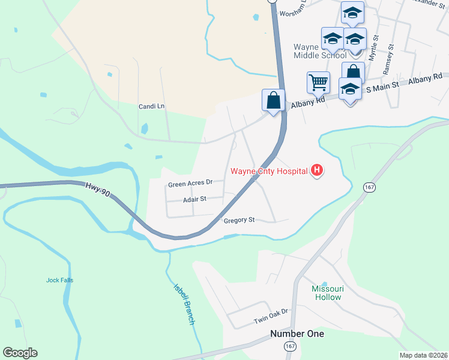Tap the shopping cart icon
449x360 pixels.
pyautogui.click(x=318, y=82)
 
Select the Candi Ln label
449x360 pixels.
pyautogui.click(x=151, y=106)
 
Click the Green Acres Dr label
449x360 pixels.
pyautogui.click(x=191, y=183)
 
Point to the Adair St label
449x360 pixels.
pyautogui.click(x=194, y=199)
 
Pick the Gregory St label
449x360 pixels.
pyautogui.click(x=240, y=220)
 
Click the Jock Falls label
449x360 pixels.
pyautogui.click(x=59, y=280)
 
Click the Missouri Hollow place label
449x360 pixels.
pyautogui.click(x=327, y=293)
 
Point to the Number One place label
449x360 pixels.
pyautogui.click(x=297, y=334)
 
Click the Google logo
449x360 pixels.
pyautogui.click(x=20, y=352)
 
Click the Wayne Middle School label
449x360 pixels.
pyautogui.click(x=319, y=51)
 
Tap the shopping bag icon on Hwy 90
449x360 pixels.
pyautogui.click(x=274, y=100)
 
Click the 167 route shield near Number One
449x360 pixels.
pyautogui.click(x=291, y=347)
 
